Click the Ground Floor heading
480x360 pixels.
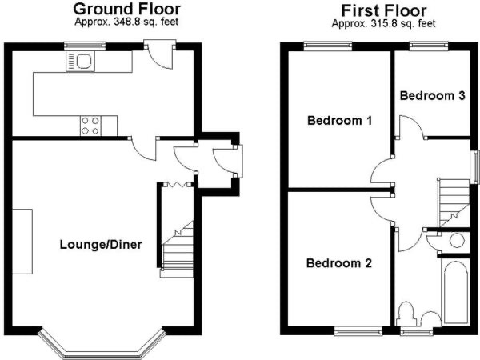click(126, 9)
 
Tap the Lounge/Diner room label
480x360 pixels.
click(100, 245)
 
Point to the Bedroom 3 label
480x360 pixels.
click(433, 96)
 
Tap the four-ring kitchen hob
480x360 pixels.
click(90, 125)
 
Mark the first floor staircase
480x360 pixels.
click(453, 200)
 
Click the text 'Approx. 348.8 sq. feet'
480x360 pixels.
click(126, 22)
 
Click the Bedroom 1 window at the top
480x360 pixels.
click(327, 46)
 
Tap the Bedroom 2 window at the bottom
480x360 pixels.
click(358, 329)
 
